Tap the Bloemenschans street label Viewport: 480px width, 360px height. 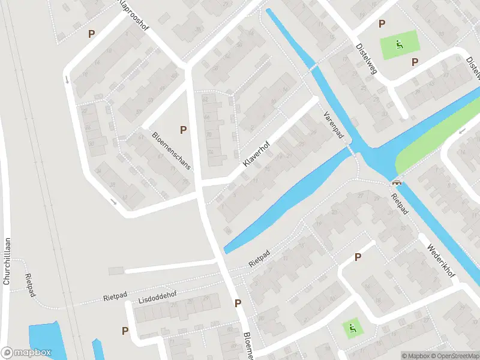tap(171, 150)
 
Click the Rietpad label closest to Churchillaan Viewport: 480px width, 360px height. tap(28, 283)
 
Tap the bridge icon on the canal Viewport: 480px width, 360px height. tap(396, 182)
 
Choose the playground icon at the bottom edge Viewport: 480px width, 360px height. tap(352, 327)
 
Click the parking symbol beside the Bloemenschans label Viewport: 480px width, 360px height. tap(184, 130)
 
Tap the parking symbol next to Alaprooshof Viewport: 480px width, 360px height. tap(92, 34)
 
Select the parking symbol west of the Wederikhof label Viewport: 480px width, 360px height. tap(358, 257)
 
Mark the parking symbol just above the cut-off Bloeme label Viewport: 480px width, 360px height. tap(238, 303)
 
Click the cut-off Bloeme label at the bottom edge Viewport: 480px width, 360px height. tap(248, 346)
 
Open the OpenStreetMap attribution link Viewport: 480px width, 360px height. tap(455, 356)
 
